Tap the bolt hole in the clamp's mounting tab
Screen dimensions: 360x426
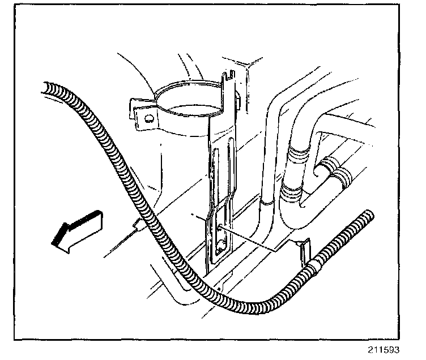click(x=148, y=119)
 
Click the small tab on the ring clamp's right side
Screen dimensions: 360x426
click(x=236, y=102)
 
